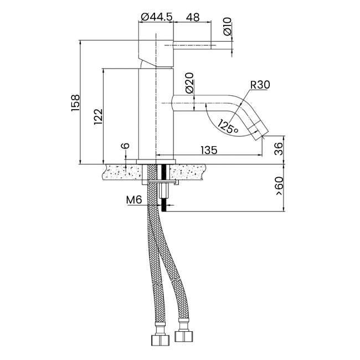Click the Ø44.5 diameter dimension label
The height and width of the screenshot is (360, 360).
click(156, 17)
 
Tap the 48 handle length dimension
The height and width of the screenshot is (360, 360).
click(193, 17)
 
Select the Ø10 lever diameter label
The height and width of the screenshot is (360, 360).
click(227, 27)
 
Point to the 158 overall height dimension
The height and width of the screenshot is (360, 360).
click(75, 102)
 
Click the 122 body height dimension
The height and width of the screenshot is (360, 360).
click(98, 117)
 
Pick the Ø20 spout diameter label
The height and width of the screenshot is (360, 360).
click(189, 83)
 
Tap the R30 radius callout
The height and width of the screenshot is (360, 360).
click(260, 85)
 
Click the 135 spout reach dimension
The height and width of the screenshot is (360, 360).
click(209, 150)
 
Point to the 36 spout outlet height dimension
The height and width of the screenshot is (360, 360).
click(279, 149)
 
